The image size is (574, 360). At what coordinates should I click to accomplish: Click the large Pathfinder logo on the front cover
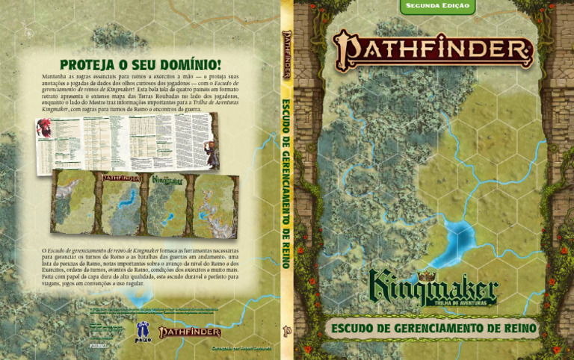tap(433, 50)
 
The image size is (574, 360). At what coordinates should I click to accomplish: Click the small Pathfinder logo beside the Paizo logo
tap(189, 331)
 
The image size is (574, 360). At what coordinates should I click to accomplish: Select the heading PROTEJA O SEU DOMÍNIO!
tap(141, 65)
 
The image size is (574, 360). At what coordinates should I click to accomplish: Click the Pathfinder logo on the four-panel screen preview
tap(120, 179)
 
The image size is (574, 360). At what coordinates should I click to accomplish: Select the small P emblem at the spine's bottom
tap(286, 329)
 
